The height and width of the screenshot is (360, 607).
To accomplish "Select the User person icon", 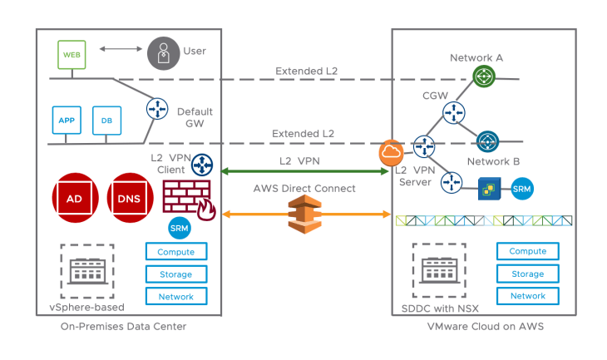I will pyautogui.click(x=163, y=52).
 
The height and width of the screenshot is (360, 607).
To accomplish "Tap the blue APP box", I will pyautogui.click(x=66, y=119).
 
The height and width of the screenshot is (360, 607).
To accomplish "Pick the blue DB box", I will pyautogui.click(x=106, y=119).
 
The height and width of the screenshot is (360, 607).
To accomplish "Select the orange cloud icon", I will pyautogui.click(x=391, y=154).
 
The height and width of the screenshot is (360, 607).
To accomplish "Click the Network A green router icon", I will pyautogui.click(x=483, y=76).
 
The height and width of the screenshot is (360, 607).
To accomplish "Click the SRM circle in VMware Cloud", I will pyautogui.click(x=522, y=188).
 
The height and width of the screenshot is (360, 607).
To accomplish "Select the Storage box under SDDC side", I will pyautogui.click(x=527, y=274).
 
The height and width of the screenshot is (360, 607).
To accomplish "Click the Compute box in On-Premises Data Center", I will pyautogui.click(x=175, y=252).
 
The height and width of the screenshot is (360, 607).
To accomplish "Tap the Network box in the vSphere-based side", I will pyautogui.click(x=175, y=296).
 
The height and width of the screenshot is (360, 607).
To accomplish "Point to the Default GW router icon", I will pyautogui.click(x=156, y=108).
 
